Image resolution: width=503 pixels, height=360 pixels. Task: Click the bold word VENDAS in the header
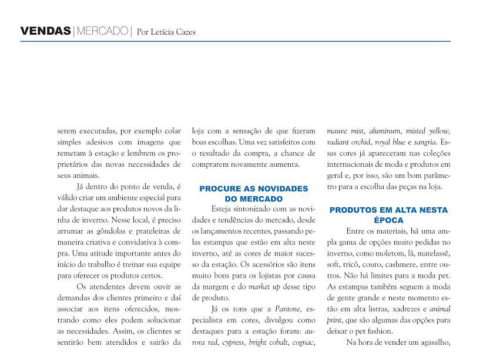click(x=45, y=31)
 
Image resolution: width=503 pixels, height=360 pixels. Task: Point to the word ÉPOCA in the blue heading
click(x=388, y=220)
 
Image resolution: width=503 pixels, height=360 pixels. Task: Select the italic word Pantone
click(x=289, y=308)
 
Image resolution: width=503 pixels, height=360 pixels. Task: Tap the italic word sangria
click(x=424, y=142)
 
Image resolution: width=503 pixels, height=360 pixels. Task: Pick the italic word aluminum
click(x=385, y=131)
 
